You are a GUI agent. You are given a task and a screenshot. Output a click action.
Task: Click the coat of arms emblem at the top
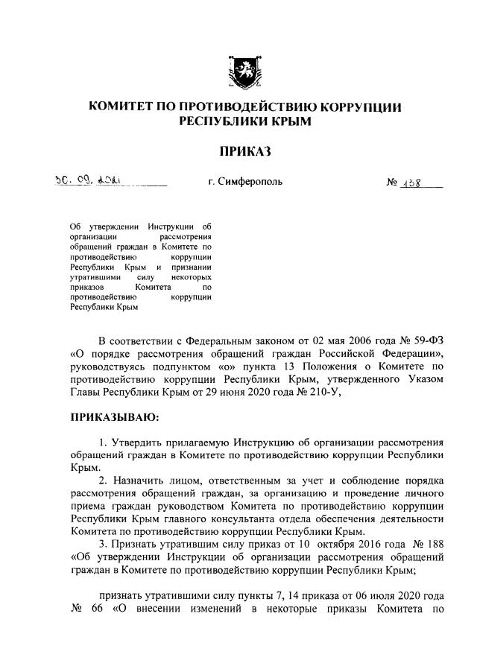point(245,72)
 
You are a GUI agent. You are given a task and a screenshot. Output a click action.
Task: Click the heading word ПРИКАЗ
point(245,153)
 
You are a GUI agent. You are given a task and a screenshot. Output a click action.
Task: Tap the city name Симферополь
point(245,181)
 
